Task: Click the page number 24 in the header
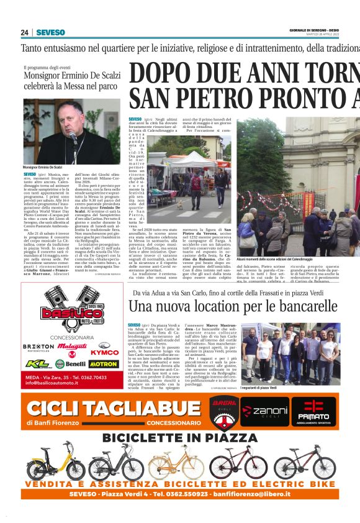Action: click(x=25, y=33)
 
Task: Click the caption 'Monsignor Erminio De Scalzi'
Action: click(x=43, y=168)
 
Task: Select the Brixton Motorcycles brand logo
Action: click(x=38, y=347)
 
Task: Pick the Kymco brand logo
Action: click(x=104, y=352)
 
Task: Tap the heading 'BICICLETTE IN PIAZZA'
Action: click(x=179, y=438)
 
